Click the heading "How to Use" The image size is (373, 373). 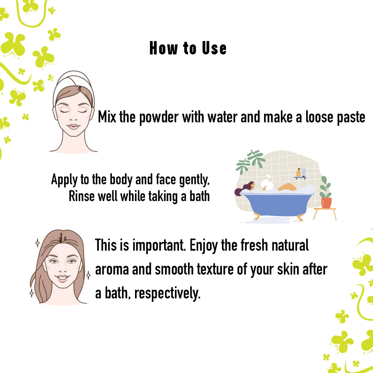[x=188, y=48]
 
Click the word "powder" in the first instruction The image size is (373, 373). [x=159, y=117]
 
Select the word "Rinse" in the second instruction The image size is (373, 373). [x=82, y=196]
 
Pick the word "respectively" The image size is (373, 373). [x=167, y=293]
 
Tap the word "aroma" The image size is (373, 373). [x=111, y=270]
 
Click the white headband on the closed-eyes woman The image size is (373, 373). [x=74, y=81]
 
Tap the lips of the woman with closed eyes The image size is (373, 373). [x=73, y=126]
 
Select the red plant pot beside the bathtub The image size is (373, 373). [x=326, y=203]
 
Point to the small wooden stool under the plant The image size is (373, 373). [x=325, y=213]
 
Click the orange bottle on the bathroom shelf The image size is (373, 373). [x=298, y=173]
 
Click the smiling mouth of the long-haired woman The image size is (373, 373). [x=62, y=278]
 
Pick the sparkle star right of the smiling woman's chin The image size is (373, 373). [x=88, y=275]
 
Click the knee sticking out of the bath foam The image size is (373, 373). [x=287, y=187]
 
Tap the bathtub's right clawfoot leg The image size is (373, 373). [x=300, y=217]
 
